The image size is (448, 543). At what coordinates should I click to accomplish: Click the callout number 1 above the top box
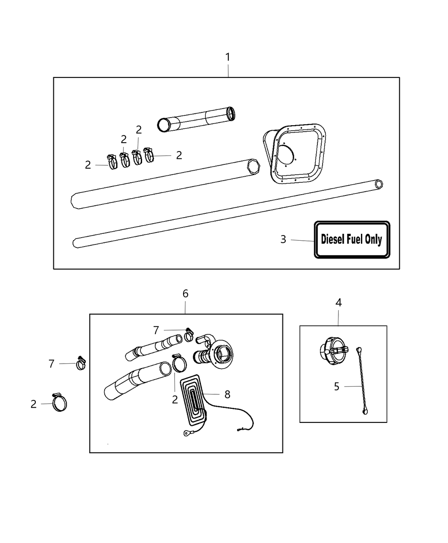click(x=228, y=57)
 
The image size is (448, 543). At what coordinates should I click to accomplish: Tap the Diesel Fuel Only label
click(x=352, y=239)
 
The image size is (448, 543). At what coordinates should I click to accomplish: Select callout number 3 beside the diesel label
click(x=283, y=239)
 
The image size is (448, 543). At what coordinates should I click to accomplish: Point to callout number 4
click(x=338, y=303)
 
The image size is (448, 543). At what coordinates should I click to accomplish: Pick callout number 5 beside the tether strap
click(x=337, y=387)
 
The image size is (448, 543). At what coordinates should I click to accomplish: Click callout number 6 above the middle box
click(x=185, y=293)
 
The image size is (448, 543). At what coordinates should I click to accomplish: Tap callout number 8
click(x=227, y=395)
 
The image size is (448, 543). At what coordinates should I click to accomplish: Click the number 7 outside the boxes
click(x=52, y=364)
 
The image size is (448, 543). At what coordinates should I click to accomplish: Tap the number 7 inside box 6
click(x=156, y=330)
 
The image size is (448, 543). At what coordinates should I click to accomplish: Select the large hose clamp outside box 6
click(x=59, y=402)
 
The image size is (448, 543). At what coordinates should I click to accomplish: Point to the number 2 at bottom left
click(x=34, y=405)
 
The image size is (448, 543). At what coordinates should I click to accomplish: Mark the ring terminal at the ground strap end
click(x=187, y=434)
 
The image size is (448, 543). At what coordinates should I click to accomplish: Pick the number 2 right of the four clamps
click(x=179, y=155)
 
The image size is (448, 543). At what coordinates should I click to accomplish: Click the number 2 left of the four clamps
click(x=88, y=165)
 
